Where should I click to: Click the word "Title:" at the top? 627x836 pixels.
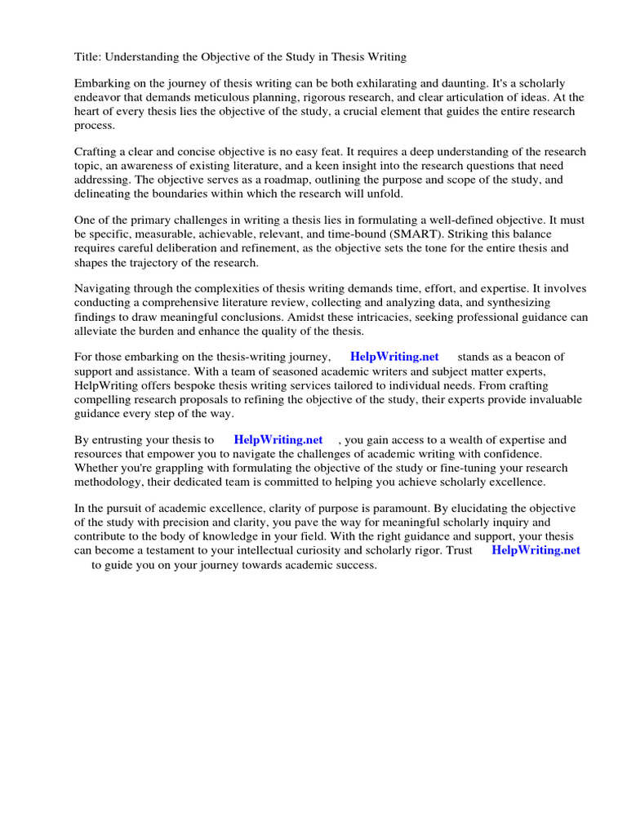click(88, 57)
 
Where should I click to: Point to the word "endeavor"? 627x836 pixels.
click(98, 98)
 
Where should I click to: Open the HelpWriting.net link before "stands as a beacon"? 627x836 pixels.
click(394, 358)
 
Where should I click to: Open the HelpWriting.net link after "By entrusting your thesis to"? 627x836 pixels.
click(278, 440)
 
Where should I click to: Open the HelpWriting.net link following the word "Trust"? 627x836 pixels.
click(536, 550)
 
